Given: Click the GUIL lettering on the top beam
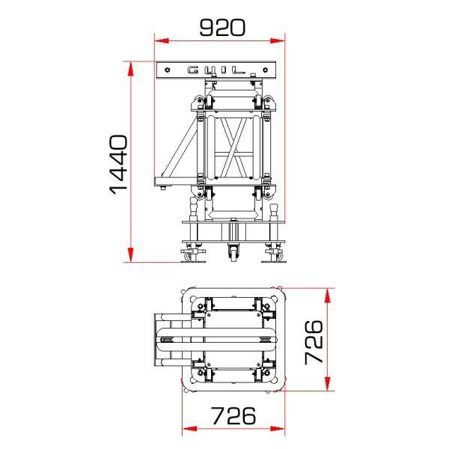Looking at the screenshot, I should click(x=216, y=70).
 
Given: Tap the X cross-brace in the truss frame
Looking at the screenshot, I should click(x=234, y=150).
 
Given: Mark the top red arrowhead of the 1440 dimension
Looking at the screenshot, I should click(x=131, y=68).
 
